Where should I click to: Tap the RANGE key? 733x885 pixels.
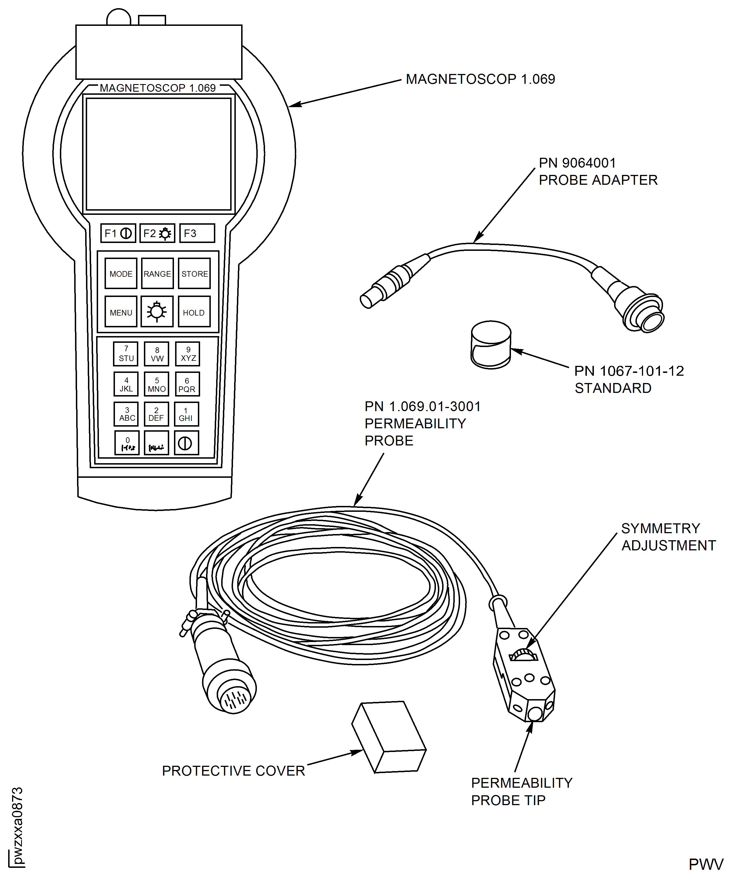coord(157,274)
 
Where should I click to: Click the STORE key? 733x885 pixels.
coord(194,274)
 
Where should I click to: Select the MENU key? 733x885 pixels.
coord(121,312)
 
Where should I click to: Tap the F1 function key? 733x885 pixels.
coord(118,233)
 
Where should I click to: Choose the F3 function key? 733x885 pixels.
coord(197,233)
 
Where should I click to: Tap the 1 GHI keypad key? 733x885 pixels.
coord(186,414)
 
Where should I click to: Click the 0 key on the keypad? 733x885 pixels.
coord(127,443)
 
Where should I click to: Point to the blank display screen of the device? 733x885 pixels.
coord(159,154)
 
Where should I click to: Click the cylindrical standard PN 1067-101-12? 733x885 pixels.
coord(491,345)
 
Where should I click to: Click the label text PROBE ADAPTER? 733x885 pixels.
coord(598,180)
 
